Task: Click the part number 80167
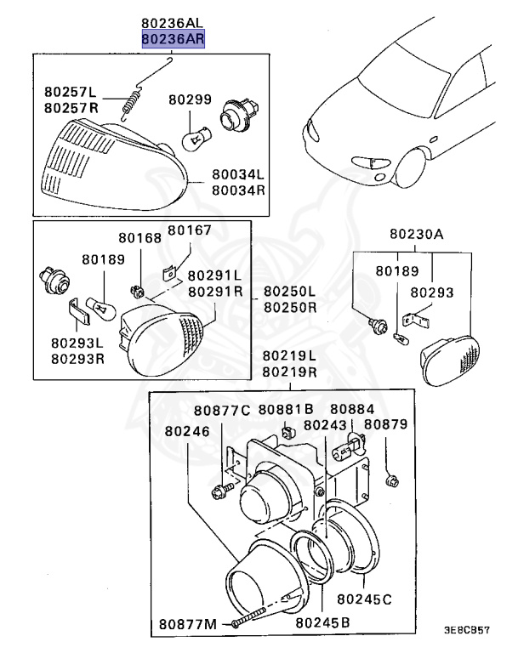(x=189, y=230)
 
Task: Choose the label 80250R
(x=289, y=306)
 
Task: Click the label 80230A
(x=417, y=234)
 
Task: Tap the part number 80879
(x=386, y=424)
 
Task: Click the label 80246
(x=185, y=431)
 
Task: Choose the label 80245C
(x=364, y=599)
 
